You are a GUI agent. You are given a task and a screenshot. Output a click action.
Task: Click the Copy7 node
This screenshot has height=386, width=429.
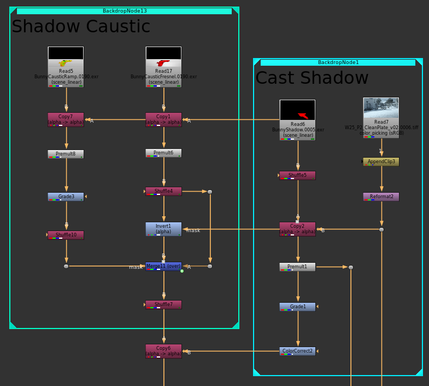tap(66, 119)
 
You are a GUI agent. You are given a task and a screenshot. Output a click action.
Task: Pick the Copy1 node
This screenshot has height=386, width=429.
tap(163, 119)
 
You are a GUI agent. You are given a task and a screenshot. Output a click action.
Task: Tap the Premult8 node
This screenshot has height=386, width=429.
tap(66, 154)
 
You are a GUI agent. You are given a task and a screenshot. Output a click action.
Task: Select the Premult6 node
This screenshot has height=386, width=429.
tap(163, 153)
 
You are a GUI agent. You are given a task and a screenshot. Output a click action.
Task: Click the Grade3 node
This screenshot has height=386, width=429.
tap(66, 197)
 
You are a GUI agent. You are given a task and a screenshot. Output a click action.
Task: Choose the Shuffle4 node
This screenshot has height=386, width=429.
tap(163, 191)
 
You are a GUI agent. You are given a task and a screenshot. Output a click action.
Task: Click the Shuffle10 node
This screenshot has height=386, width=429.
tap(66, 235)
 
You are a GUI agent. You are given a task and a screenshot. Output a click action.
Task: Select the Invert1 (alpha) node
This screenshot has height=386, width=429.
tap(163, 229)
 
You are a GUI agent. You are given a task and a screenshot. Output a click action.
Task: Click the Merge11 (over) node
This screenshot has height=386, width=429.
tap(163, 266)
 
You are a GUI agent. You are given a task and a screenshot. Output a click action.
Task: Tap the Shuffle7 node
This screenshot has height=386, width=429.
tap(163, 304)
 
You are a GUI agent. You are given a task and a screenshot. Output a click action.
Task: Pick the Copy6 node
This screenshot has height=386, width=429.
tap(163, 350)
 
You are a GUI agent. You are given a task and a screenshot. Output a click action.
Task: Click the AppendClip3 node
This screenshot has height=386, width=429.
tap(381, 162)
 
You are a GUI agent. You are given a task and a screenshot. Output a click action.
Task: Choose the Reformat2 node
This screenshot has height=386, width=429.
tap(381, 197)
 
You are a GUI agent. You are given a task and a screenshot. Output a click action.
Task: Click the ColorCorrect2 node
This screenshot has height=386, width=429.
tap(297, 351)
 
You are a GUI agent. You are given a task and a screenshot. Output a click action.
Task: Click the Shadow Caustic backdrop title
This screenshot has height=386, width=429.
tap(81, 26)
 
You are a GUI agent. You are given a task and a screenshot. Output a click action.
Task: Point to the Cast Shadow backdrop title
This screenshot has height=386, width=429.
tap(312, 78)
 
